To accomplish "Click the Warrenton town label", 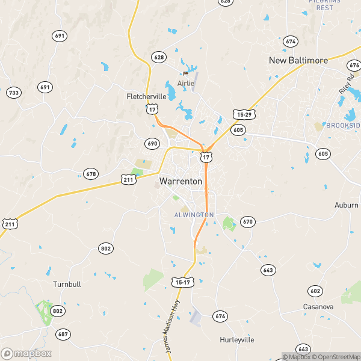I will click(179, 180).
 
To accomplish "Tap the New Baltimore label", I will click(298, 61).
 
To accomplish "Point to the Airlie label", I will click(186, 84).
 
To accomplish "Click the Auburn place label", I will click(347, 205).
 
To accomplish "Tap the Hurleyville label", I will click(236, 340).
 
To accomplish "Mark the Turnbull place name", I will click(67, 284).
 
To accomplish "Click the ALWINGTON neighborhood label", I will click(194, 215).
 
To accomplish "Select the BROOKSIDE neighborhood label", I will click(343, 125).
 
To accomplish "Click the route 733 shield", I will click(13, 93).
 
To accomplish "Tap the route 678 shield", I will click(91, 174).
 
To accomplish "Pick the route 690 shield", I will click(152, 143).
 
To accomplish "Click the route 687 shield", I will click(63, 334).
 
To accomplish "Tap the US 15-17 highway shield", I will click(182, 282).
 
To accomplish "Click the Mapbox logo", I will click(26, 353).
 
